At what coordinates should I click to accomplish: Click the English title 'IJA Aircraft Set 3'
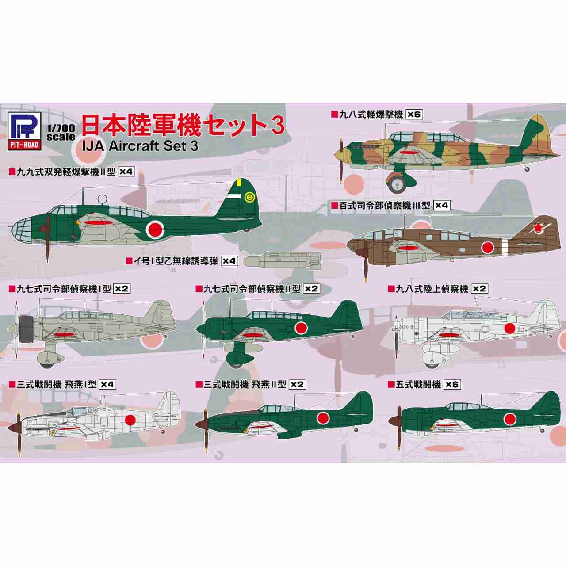(x=141, y=146)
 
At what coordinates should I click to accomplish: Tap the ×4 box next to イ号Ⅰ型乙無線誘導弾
(x=229, y=261)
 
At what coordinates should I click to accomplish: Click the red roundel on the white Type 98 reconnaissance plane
(x=510, y=328)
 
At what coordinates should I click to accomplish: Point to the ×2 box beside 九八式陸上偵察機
(x=479, y=289)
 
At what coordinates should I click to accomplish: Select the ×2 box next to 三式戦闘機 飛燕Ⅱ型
(x=297, y=385)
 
